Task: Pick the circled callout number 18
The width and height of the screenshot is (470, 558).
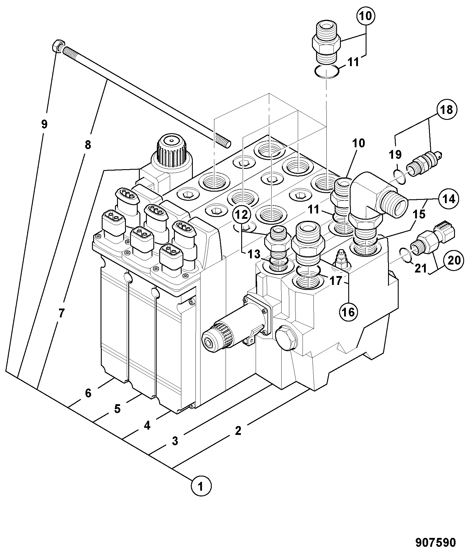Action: pos(447,110)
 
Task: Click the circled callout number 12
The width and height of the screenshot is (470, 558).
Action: pos(242,215)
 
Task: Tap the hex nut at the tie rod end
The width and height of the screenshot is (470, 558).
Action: pos(57,46)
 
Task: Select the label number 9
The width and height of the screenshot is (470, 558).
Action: pos(44,124)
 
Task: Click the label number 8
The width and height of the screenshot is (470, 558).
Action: pos(88,145)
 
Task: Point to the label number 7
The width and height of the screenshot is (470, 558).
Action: pos(61,313)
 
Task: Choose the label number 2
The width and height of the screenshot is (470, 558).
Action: pos(238,430)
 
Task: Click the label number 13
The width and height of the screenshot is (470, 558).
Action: pos(254,254)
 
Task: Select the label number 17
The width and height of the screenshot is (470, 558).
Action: pos(336,281)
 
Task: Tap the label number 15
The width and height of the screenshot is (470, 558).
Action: pos(419,214)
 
